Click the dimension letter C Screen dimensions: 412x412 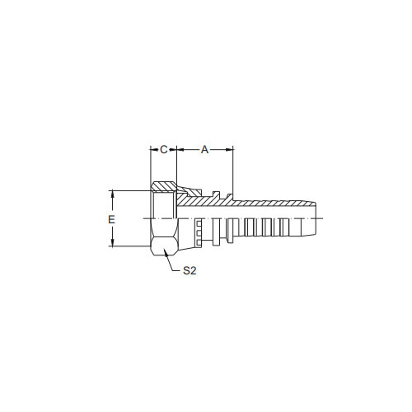164,150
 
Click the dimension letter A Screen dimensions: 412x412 205,150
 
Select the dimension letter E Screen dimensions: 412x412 111,219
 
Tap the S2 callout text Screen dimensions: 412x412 190,271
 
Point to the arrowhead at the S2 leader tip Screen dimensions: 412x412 166,253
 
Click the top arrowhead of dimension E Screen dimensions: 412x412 112,194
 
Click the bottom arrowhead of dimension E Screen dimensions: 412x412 112,242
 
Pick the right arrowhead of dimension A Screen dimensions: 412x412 229,150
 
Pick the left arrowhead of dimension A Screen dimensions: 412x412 180,150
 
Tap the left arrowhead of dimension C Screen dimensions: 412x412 154,150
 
